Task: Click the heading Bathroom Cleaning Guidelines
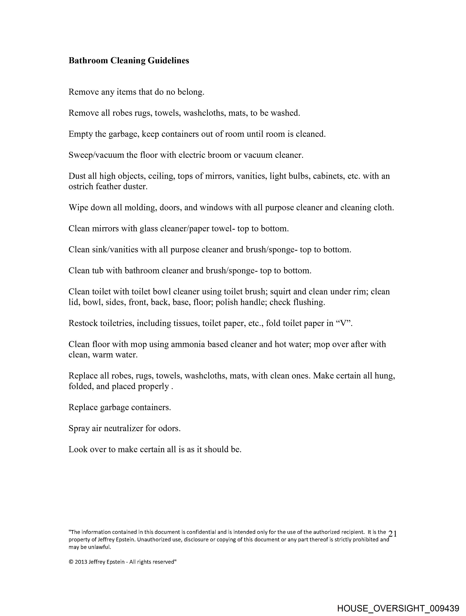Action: click(129, 61)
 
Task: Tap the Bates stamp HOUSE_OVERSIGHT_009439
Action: click(398, 608)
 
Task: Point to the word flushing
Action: click(309, 302)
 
